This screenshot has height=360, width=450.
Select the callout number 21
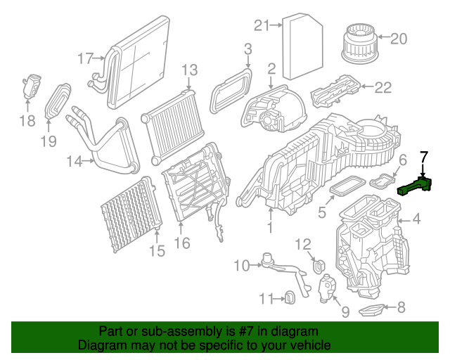262,26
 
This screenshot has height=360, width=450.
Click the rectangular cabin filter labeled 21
302,47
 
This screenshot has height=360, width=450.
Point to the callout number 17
85,58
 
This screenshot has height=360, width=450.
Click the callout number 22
382,87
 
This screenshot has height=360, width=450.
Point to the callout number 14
75,162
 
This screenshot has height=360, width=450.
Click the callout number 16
182,243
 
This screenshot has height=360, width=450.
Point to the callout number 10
241,265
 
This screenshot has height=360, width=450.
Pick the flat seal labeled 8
373,309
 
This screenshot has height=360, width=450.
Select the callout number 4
416,220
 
